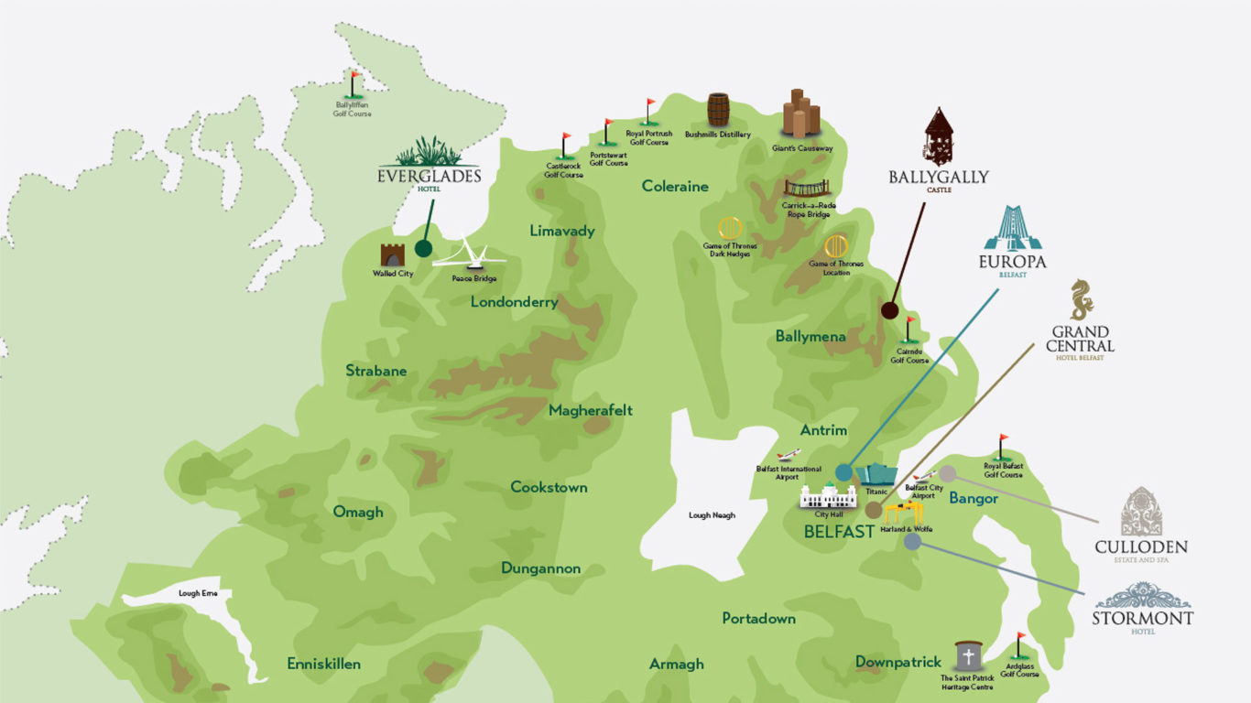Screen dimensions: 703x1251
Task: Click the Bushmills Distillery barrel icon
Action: pyautogui.click(x=718, y=110)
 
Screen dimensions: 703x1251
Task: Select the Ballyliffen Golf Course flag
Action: pyautogui.click(x=354, y=84)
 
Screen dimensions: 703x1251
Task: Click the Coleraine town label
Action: pyautogui.click(x=675, y=186)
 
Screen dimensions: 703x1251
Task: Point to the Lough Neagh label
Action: pyautogui.click(x=712, y=515)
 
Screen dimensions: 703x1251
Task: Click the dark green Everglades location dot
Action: pyautogui.click(x=423, y=248)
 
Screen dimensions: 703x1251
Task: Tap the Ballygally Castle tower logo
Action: pyautogui.click(x=939, y=137)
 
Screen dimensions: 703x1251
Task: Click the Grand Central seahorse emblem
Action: pyautogui.click(x=1082, y=300)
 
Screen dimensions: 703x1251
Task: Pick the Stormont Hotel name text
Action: pyautogui.click(x=1142, y=619)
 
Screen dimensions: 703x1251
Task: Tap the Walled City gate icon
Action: pyautogui.click(x=393, y=254)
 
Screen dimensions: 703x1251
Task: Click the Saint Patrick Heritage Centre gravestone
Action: pyautogui.click(x=968, y=656)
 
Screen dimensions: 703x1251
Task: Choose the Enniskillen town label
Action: pyautogui.click(x=323, y=664)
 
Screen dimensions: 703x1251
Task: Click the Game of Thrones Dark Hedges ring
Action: pyautogui.click(x=729, y=228)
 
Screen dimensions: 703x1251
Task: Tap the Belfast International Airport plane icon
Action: pyautogui.click(x=787, y=455)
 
